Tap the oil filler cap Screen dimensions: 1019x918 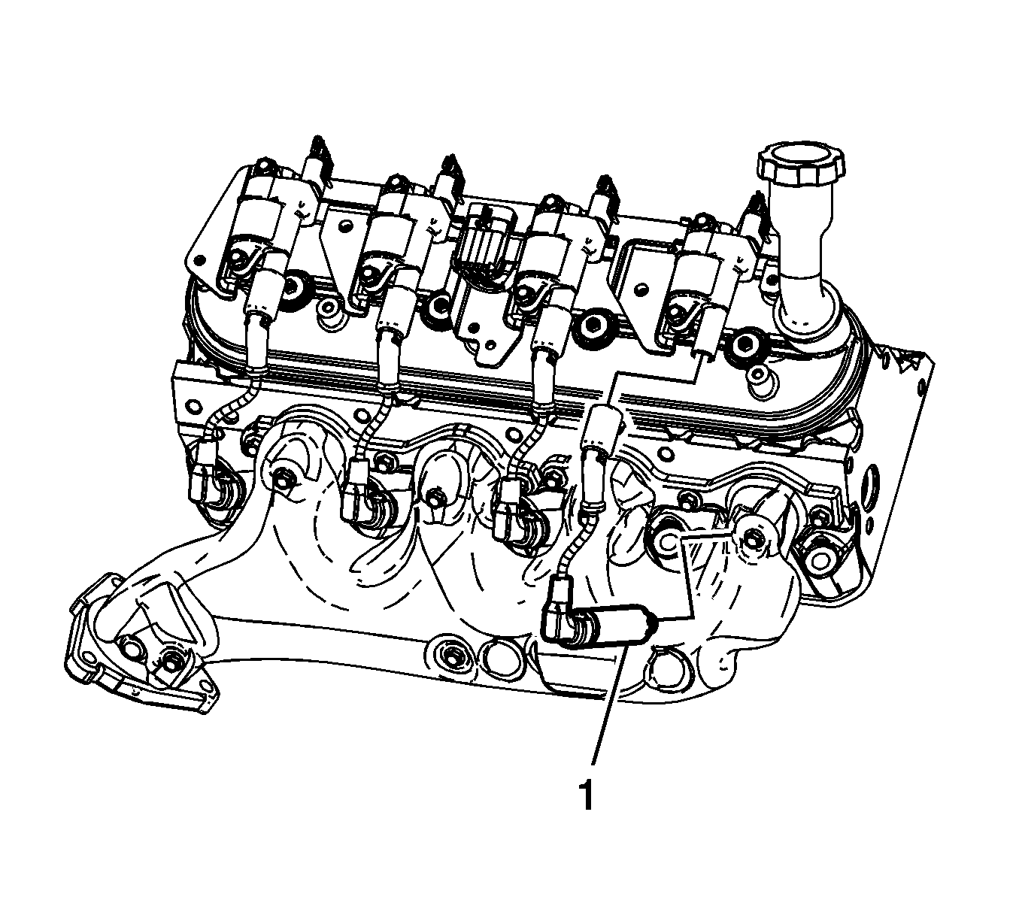tap(801, 165)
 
